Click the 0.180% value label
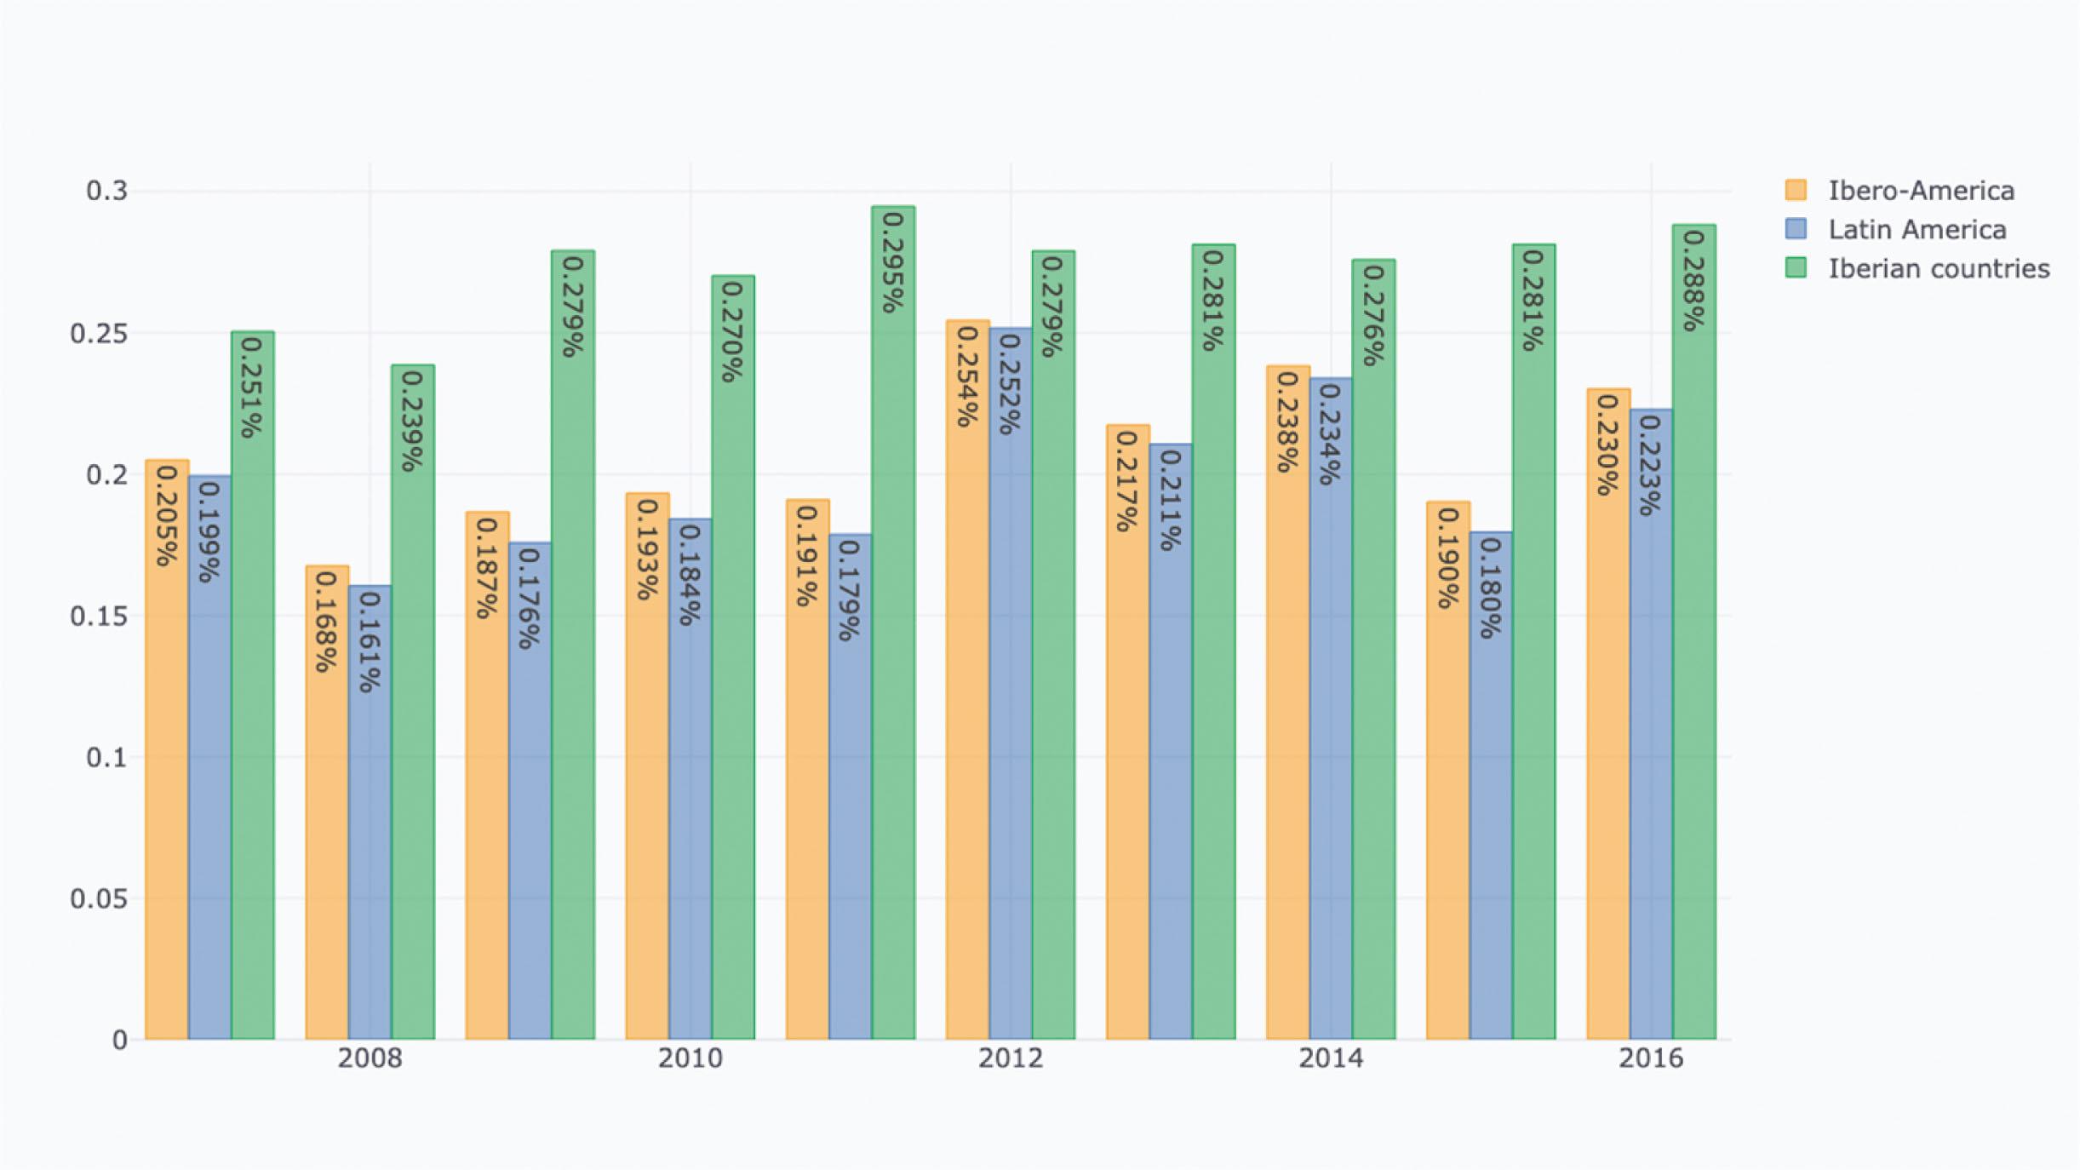(x=1490, y=588)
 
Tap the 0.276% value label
(x=1372, y=315)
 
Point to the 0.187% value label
(x=486, y=568)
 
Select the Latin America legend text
(x=1917, y=230)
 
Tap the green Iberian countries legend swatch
(x=1796, y=268)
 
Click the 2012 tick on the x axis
(x=1010, y=1058)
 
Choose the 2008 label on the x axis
(x=370, y=1058)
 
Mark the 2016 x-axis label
(x=1651, y=1058)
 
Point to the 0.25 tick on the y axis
(x=99, y=334)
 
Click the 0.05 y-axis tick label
(x=99, y=898)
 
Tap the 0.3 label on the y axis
(x=106, y=191)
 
